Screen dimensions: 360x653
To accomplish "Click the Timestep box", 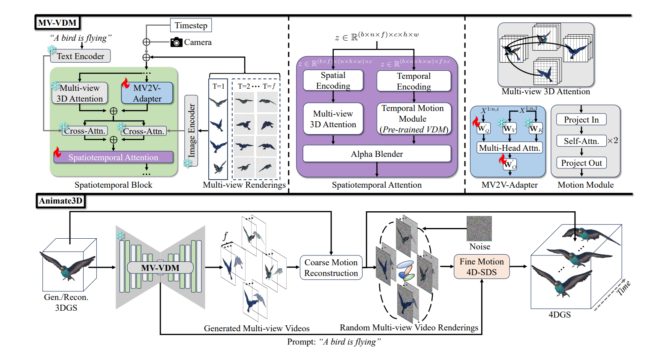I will pyautogui.click(x=191, y=25).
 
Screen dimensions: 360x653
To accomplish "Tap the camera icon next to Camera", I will pyautogui.click(x=177, y=42).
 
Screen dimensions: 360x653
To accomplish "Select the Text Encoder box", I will pyautogui.click(x=80, y=56).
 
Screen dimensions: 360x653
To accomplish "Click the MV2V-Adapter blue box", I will pyautogui.click(x=147, y=93).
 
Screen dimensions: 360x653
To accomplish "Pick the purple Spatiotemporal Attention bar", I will pyautogui.click(x=113, y=157).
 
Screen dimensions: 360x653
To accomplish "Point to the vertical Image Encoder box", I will pyautogui.click(x=191, y=130).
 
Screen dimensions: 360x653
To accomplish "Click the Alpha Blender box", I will pyautogui.click(x=377, y=154).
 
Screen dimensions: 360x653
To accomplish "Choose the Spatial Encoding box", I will pyautogui.click(x=333, y=81).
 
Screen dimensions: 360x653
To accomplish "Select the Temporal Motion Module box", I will pyautogui.click(x=413, y=119).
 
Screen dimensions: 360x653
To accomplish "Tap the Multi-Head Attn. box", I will pyautogui.click(x=509, y=148).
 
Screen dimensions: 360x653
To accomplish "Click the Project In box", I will pyautogui.click(x=581, y=120).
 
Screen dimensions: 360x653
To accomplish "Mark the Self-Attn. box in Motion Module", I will pyautogui.click(x=581, y=141).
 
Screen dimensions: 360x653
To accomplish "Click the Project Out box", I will pyautogui.click(x=581, y=163).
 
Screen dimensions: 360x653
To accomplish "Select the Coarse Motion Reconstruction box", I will pyautogui.click(x=331, y=268).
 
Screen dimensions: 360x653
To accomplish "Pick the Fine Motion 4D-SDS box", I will pyautogui.click(x=482, y=267).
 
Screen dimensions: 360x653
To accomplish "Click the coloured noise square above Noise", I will pyautogui.click(x=479, y=228).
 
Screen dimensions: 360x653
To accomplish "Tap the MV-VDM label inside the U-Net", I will pyautogui.click(x=160, y=268).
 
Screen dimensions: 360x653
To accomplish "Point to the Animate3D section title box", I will pyautogui.click(x=60, y=201).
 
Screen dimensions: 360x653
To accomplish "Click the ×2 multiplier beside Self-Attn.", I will pyautogui.click(x=613, y=141).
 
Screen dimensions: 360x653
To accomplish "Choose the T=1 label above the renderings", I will pyautogui.click(x=219, y=86).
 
